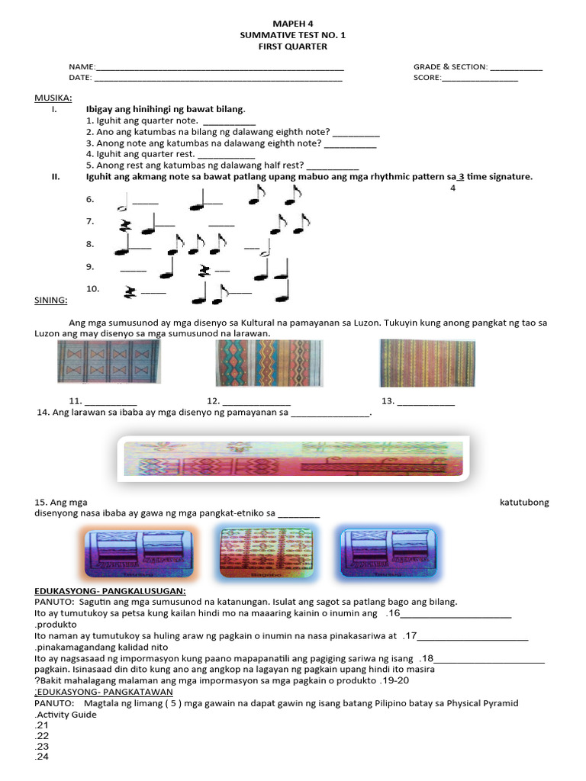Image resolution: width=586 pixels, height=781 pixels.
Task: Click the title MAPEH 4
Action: (x=293, y=24)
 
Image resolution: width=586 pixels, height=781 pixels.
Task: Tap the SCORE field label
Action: (x=427, y=78)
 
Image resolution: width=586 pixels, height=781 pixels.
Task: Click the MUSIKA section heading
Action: (x=53, y=98)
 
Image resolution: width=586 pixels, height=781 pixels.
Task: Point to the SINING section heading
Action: (x=50, y=301)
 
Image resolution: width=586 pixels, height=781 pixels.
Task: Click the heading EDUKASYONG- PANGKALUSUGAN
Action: (x=110, y=590)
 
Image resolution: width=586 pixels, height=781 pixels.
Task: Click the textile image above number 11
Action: (x=109, y=362)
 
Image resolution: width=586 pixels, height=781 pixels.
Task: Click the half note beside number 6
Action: (x=121, y=203)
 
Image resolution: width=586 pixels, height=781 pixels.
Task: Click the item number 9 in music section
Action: (x=90, y=266)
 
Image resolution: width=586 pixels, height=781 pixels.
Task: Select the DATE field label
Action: (x=80, y=78)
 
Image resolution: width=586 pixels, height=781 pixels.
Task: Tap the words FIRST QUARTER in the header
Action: (x=293, y=47)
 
